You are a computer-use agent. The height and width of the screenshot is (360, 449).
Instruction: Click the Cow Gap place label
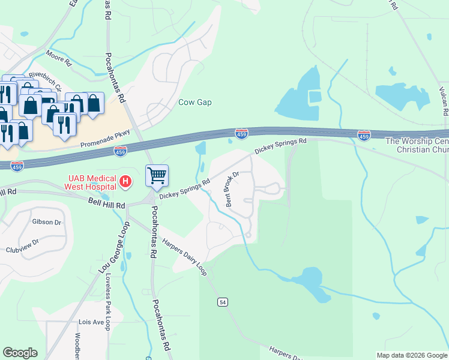tap(195, 102)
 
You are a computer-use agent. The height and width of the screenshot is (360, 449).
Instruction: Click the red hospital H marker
tap(125, 181)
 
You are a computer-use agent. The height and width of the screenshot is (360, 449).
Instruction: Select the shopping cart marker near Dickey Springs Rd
tap(157, 176)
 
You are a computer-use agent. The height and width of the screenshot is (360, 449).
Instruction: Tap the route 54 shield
tap(223, 303)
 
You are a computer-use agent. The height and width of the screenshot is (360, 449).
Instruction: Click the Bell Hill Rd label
tap(106, 205)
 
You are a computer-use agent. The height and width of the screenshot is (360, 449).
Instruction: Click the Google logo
tap(20, 353)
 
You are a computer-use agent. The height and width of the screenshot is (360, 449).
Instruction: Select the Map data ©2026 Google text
tap(411, 355)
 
